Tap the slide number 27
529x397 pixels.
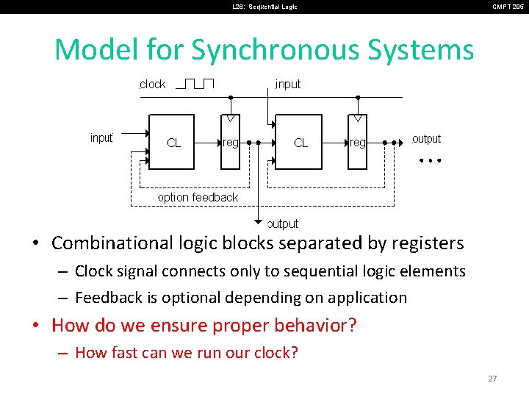pyautogui.click(x=492, y=379)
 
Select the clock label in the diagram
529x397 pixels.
pyautogui.click(x=153, y=85)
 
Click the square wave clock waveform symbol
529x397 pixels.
pyautogui.click(x=195, y=83)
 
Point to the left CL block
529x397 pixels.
pyautogui.click(x=172, y=142)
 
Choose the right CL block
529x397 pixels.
pyautogui.click(x=299, y=142)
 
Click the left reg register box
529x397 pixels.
pyautogui.click(x=231, y=142)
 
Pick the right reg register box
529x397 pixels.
pyautogui.click(x=357, y=142)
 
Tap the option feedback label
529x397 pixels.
pyautogui.click(x=198, y=197)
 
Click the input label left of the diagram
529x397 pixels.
pyautogui.click(x=101, y=138)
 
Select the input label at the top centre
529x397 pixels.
pyautogui.click(x=288, y=85)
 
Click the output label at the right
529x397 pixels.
pyautogui.click(x=426, y=139)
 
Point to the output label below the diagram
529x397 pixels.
pyautogui.click(x=283, y=223)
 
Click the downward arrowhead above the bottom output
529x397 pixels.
pyautogui.click(x=259, y=221)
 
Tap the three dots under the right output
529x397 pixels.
pyautogui.click(x=428, y=160)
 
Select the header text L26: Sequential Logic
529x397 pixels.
pyautogui.click(x=265, y=7)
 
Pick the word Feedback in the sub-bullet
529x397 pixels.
pyautogui.click(x=108, y=298)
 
